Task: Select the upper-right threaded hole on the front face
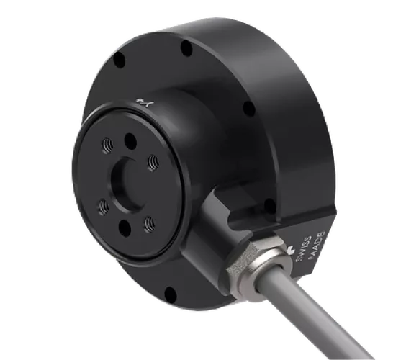[x=152, y=164]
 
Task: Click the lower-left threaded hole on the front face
[x=104, y=209]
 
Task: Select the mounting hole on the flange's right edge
[x=248, y=109]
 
